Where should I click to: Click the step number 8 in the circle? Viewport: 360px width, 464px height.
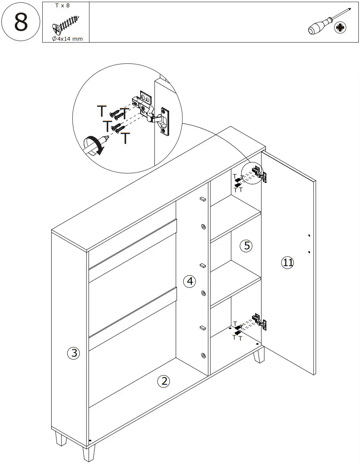point(21,22)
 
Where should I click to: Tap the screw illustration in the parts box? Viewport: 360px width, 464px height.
point(66,25)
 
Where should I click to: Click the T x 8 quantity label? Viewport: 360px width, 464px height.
point(63,6)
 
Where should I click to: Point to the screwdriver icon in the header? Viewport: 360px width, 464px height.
point(327,24)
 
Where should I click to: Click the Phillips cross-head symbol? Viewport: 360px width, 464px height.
point(340,28)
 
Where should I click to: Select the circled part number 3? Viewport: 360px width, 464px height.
point(73,353)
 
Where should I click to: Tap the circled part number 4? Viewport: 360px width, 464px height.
point(189,281)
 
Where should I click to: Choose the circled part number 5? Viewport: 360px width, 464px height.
point(246,246)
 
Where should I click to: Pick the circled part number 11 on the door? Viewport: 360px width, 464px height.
point(287,263)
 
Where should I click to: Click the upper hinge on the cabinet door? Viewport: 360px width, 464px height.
point(259,173)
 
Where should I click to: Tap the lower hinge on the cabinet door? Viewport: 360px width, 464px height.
point(259,321)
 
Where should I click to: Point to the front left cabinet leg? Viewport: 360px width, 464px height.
point(89,453)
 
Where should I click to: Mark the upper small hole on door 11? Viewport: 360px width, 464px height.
point(309,236)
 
